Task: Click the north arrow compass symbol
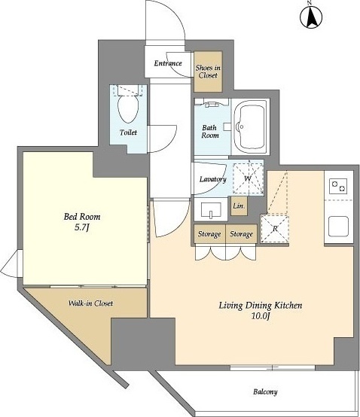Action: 311,16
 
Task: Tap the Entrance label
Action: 168,63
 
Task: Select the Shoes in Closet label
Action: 208,72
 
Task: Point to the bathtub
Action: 250,127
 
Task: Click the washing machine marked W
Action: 249,178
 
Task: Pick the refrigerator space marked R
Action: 275,229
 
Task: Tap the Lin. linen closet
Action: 239,205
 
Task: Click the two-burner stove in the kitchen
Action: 338,186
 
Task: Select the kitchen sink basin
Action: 338,227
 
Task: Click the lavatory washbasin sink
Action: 211,210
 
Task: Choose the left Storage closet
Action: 209,234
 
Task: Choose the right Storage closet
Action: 241,234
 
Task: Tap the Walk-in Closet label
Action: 90,303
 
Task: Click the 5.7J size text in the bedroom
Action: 81,227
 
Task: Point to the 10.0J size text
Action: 261,316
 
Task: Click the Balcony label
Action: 265,391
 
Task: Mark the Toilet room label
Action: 128,132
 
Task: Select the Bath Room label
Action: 210,132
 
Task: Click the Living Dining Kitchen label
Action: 261,306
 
